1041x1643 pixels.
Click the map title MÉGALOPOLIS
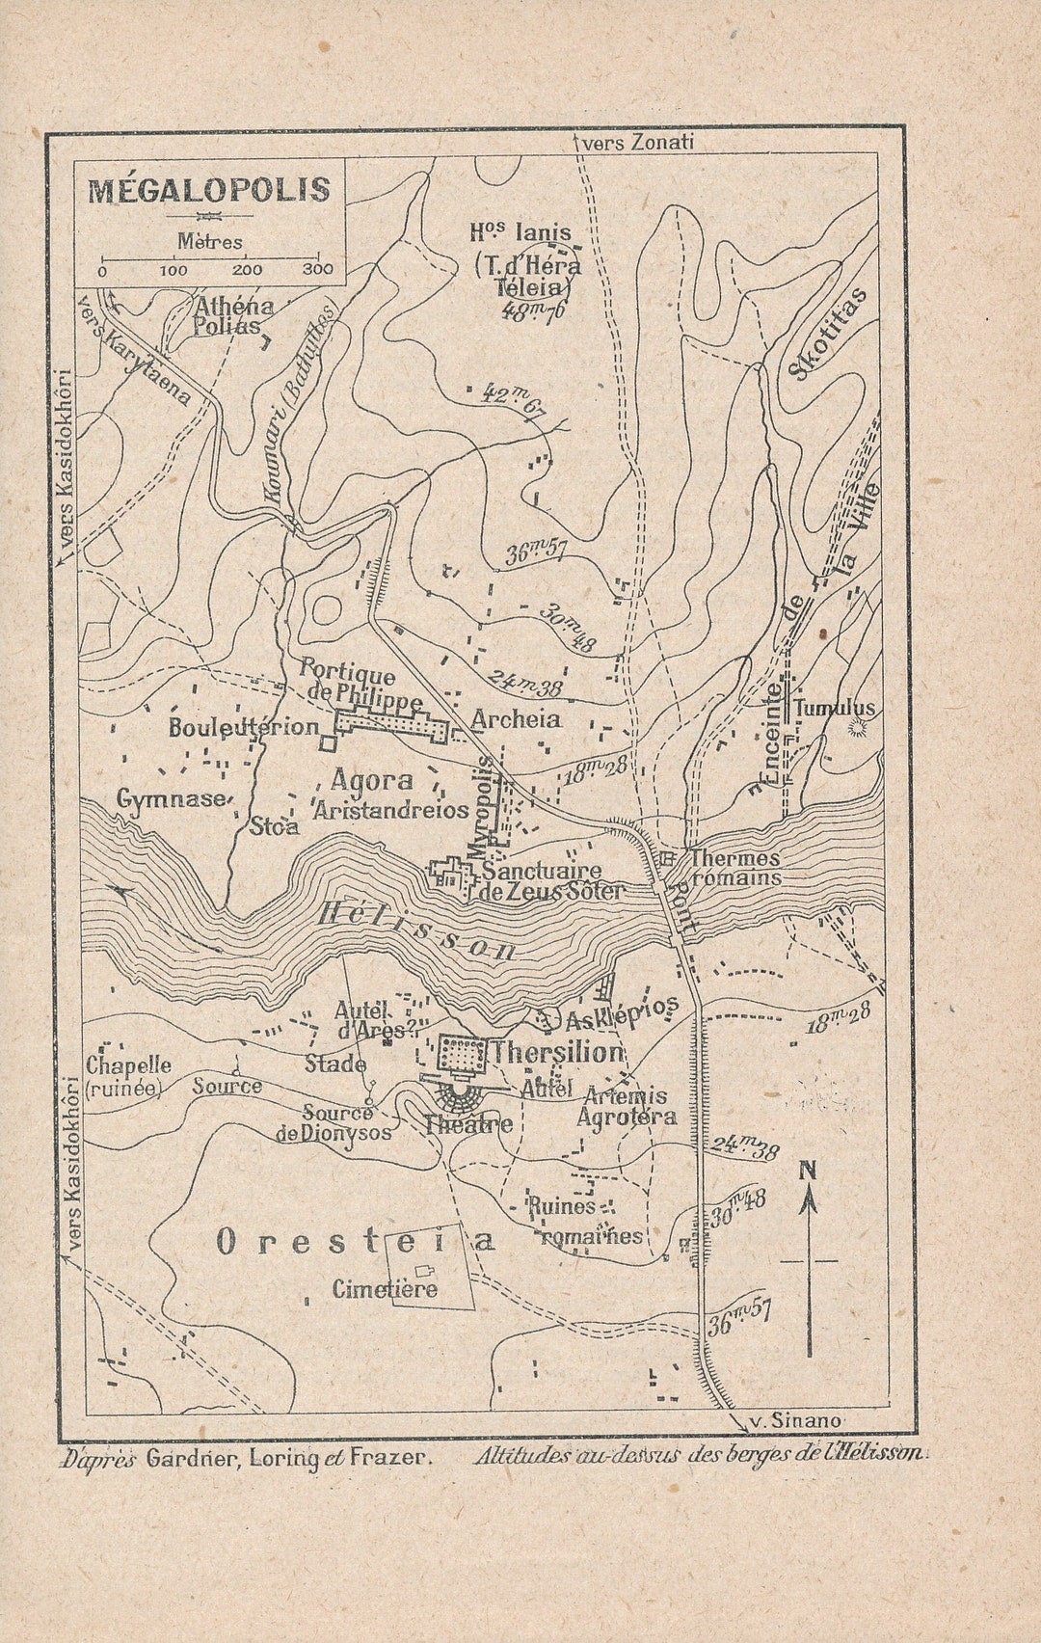tap(209, 190)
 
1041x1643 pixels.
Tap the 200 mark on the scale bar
tap(247, 270)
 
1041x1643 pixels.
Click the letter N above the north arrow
tap(808, 1171)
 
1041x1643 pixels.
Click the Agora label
tap(371, 781)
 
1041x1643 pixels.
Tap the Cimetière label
tap(385, 1289)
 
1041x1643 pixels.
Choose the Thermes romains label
tap(734, 868)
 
